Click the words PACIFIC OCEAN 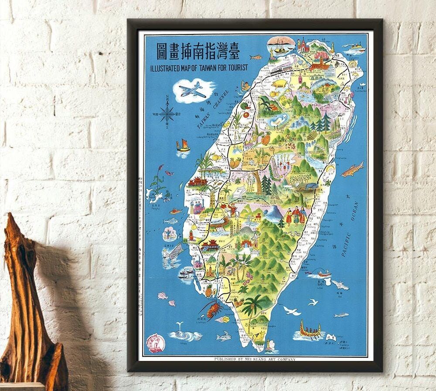(x=349, y=230)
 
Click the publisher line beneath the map (x=255, y=359)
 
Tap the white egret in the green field (x=278, y=120)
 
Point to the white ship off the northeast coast (x=355, y=47)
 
